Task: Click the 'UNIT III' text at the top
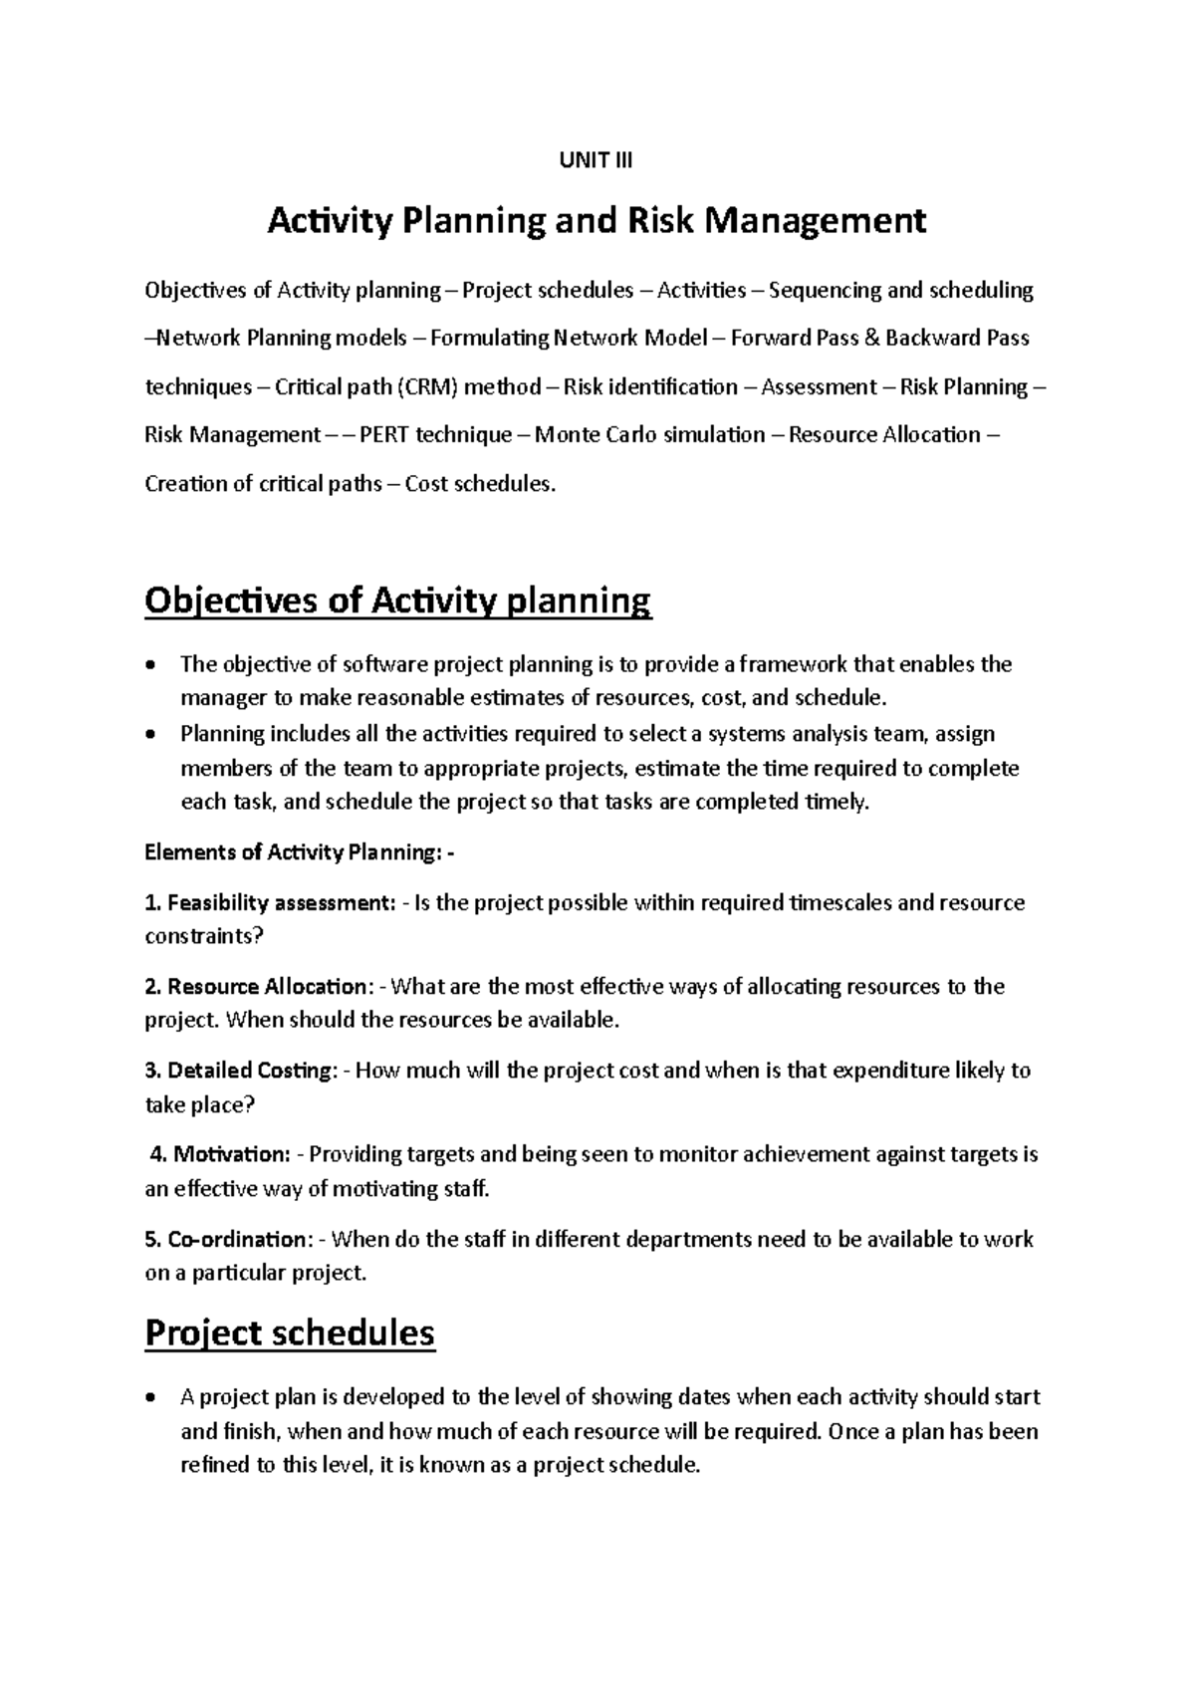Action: coord(597,160)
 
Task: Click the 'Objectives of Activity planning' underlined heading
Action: coord(397,602)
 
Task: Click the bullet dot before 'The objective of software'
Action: coord(150,665)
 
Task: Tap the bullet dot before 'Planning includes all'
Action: coord(150,735)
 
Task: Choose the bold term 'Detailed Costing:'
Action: coord(253,1071)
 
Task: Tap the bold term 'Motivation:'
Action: coord(231,1154)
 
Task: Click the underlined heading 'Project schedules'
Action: coord(290,1332)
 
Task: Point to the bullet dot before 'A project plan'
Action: coord(150,1398)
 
